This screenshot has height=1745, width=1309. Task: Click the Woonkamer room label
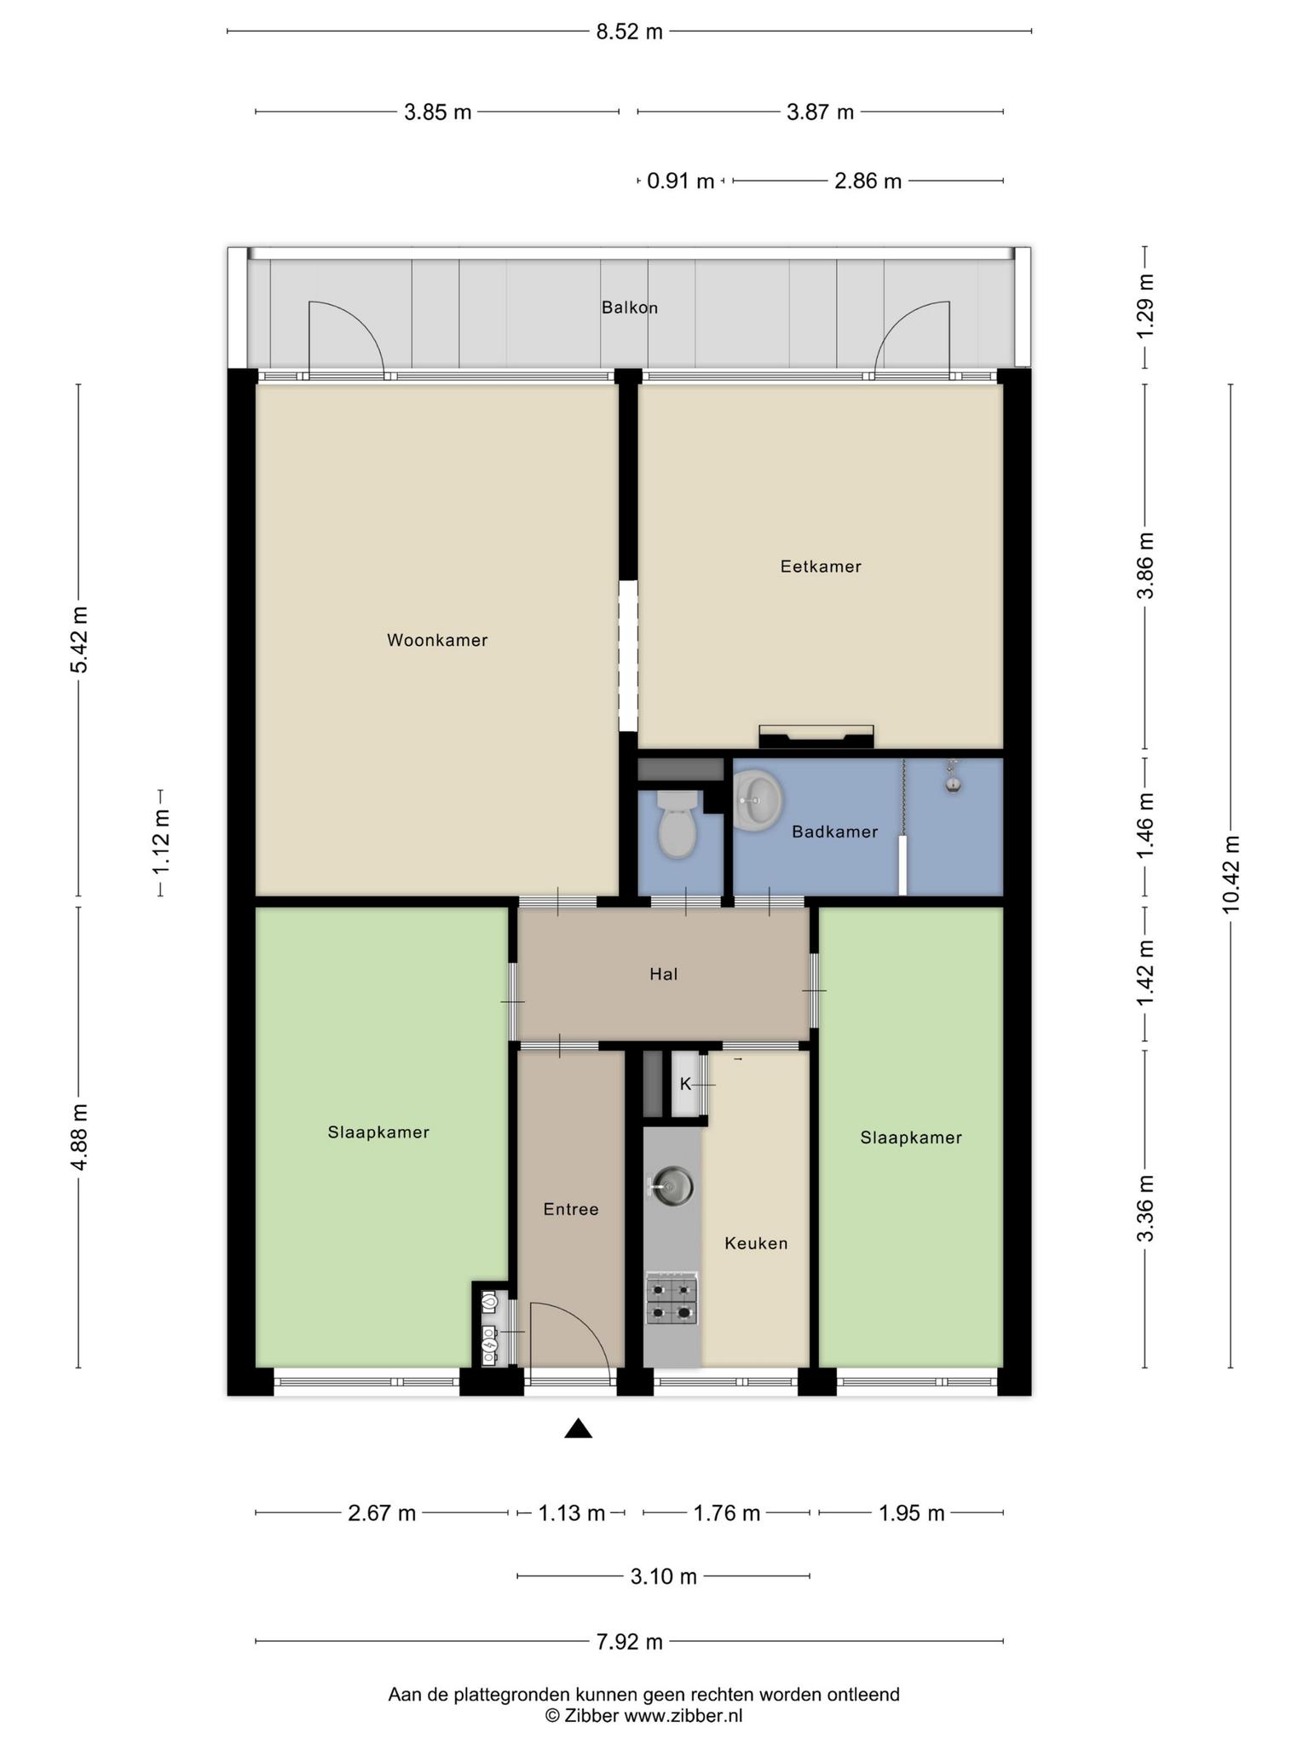[x=437, y=640]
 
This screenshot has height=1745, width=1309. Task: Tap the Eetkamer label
[x=821, y=567]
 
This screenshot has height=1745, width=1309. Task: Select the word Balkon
[x=630, y=308]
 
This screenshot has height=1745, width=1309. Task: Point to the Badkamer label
[x=834, y=832]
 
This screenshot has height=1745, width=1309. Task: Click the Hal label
[x=663, y=974]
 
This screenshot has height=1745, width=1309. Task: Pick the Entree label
[x=571, y=1209]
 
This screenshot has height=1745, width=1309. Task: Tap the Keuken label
[x=756, y=1243]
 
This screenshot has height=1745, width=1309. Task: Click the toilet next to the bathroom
[x=678, y=824]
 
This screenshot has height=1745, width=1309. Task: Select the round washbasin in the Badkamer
[x=757, y=801]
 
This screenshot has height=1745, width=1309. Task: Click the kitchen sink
[x=672, y=1185]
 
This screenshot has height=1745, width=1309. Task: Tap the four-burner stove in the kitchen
[x=672, y=1299]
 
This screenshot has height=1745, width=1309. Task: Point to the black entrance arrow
[x=578, y=1428]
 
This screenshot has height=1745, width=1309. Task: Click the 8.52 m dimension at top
[x=629, y=32]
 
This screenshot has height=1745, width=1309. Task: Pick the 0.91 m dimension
[x=680, y=181]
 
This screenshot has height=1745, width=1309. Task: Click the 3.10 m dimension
[x=663, y=1576]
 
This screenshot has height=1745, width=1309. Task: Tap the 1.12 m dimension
[x=161, y=842]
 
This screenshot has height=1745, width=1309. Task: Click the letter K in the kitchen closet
[x=685, y=1085]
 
